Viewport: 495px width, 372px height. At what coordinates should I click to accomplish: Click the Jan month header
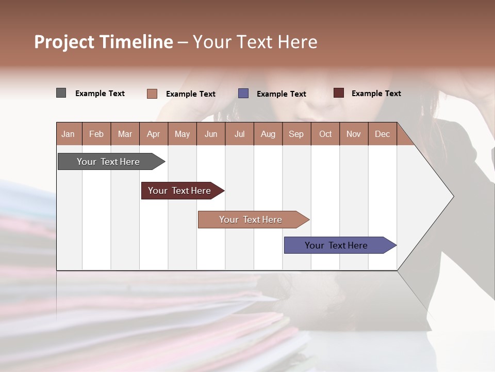[68, 134]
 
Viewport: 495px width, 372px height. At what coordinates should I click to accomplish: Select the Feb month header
[96, 134]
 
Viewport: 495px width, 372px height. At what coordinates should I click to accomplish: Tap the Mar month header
[125, 134]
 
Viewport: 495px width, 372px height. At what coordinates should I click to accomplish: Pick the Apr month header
[154, 134]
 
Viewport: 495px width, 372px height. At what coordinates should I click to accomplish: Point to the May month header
[182, 134]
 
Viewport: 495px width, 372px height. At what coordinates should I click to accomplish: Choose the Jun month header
[211, 134]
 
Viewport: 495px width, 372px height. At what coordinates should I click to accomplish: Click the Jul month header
[239, 134]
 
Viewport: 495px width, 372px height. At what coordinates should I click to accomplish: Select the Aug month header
[268, 134]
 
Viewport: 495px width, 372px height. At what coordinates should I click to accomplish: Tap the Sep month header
[296, 134]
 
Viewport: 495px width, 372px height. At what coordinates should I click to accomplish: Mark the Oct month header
[325, 134]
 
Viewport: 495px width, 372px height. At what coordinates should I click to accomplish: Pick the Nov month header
[354, 134]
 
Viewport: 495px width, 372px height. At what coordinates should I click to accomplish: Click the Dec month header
[383, 134]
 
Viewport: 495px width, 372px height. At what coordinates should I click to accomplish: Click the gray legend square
[61, 93]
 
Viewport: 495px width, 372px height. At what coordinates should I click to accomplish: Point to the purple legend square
[243, 94]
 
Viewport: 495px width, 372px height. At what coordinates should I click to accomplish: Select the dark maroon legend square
[338, 93]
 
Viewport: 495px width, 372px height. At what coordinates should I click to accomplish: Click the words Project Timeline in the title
[104, 42]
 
